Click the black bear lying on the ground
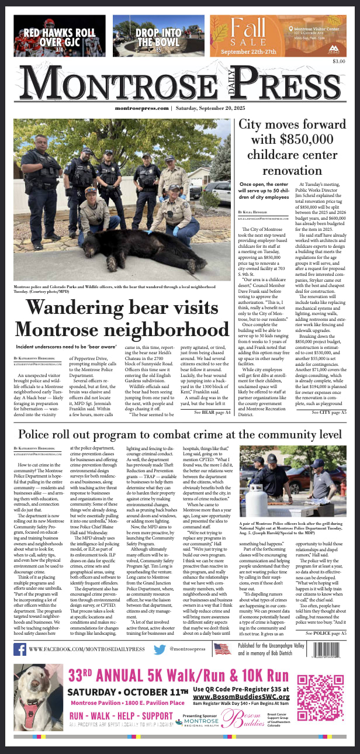(144, 246)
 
